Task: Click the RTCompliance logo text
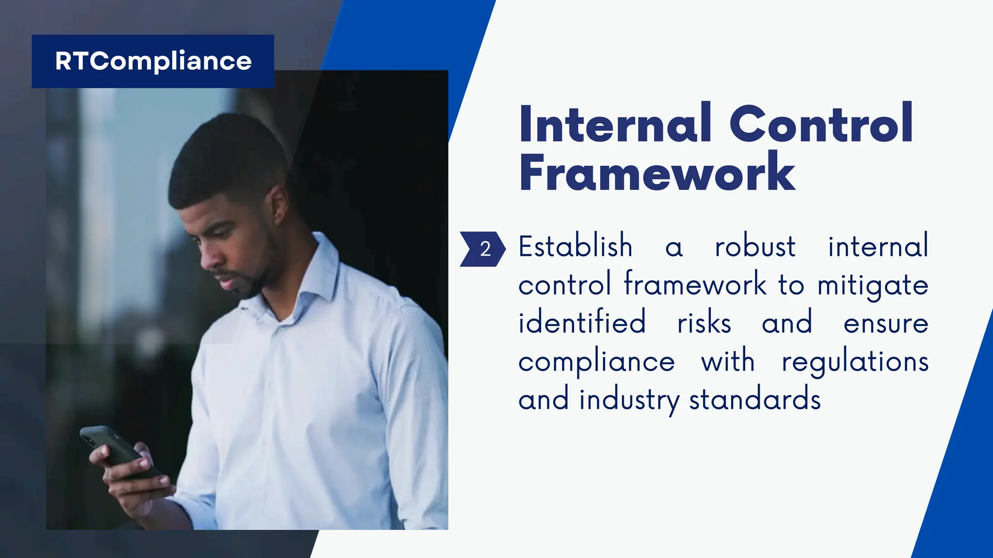153,62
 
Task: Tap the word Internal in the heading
615,124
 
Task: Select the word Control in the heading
821,124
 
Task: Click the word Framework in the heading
657,173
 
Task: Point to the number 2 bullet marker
485,249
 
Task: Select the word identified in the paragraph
582,323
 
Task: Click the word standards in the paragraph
754,400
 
